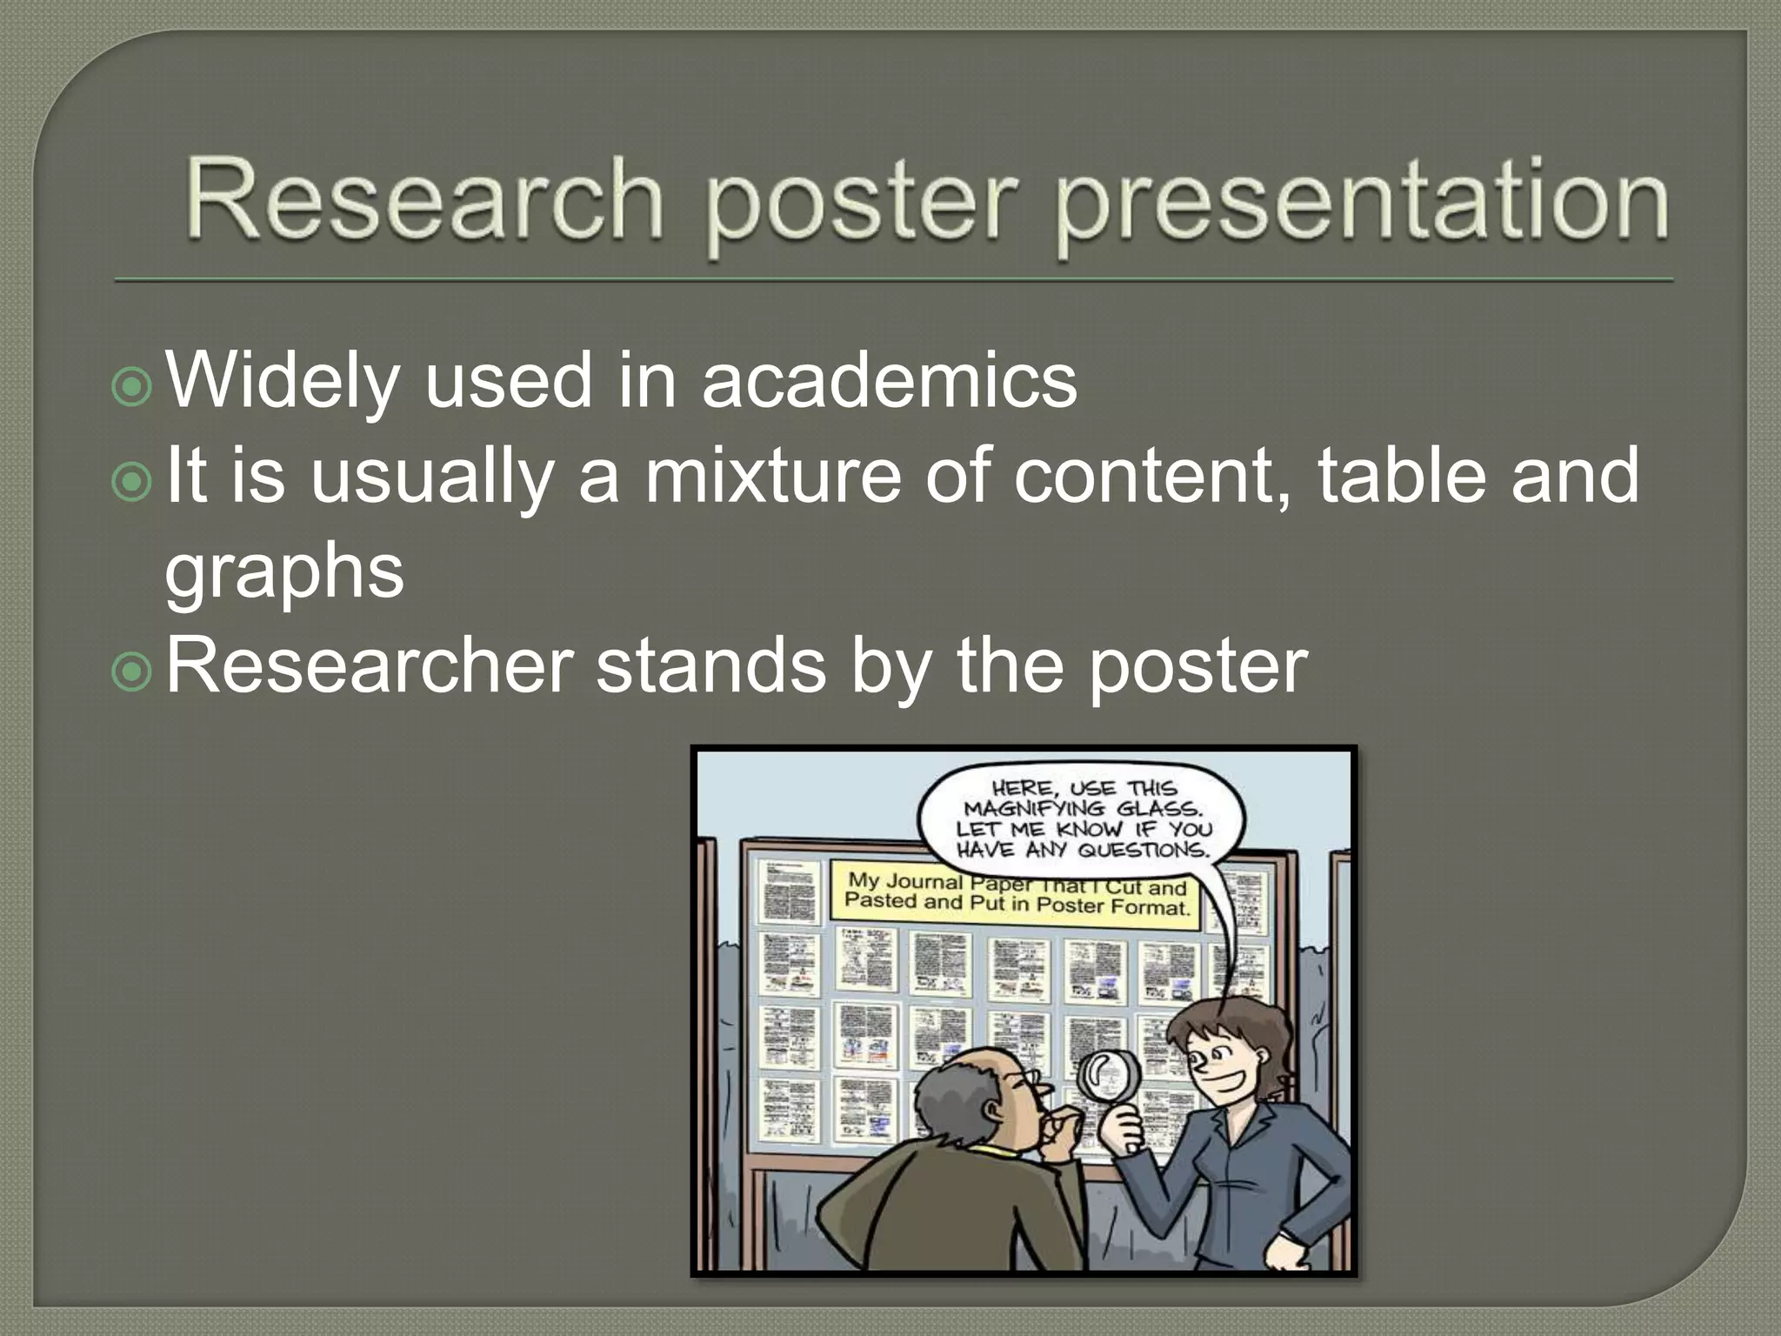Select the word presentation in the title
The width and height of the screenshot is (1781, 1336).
[x=1362, y=204]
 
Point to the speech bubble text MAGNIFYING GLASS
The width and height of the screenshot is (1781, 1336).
[x=1082, y=808]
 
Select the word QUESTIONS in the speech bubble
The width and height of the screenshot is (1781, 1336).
[x=1144, y=849]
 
